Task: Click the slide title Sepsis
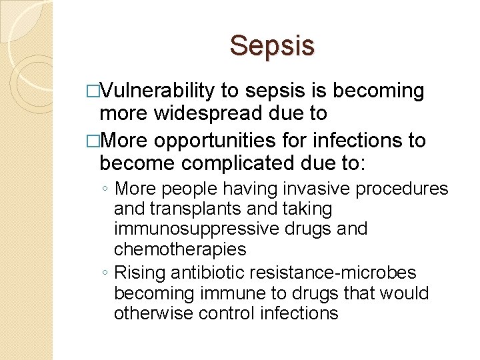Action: click(x=272, y=46)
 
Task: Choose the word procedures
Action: click(x=402, y=189)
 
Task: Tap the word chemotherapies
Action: click(x=180, y=249)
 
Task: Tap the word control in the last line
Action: click(x=234, y=313)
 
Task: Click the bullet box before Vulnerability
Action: click(x=93, y=91)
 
